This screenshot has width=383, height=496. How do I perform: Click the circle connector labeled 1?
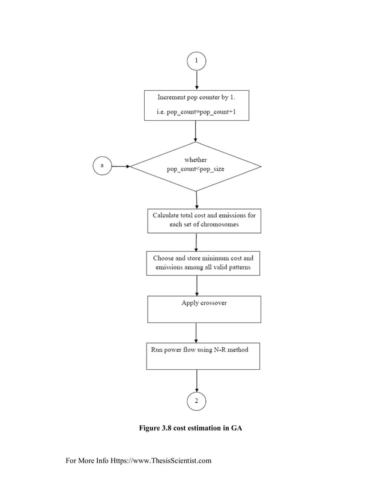196,61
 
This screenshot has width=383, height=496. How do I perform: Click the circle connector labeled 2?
196,401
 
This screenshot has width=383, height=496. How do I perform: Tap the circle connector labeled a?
101,166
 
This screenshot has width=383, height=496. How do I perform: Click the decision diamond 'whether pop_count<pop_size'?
196,166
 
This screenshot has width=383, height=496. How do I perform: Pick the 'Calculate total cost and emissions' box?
204,220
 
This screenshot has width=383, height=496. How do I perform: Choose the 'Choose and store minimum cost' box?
203,263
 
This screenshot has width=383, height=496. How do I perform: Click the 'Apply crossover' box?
204,309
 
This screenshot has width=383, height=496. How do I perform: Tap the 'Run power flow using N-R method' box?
203,356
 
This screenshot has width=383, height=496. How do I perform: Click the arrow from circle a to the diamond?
120,166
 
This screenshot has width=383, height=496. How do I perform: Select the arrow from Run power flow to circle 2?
196,380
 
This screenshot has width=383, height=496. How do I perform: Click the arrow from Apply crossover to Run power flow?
196,332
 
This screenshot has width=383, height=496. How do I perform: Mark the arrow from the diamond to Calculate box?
196,199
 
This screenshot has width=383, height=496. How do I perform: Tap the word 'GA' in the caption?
236,428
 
